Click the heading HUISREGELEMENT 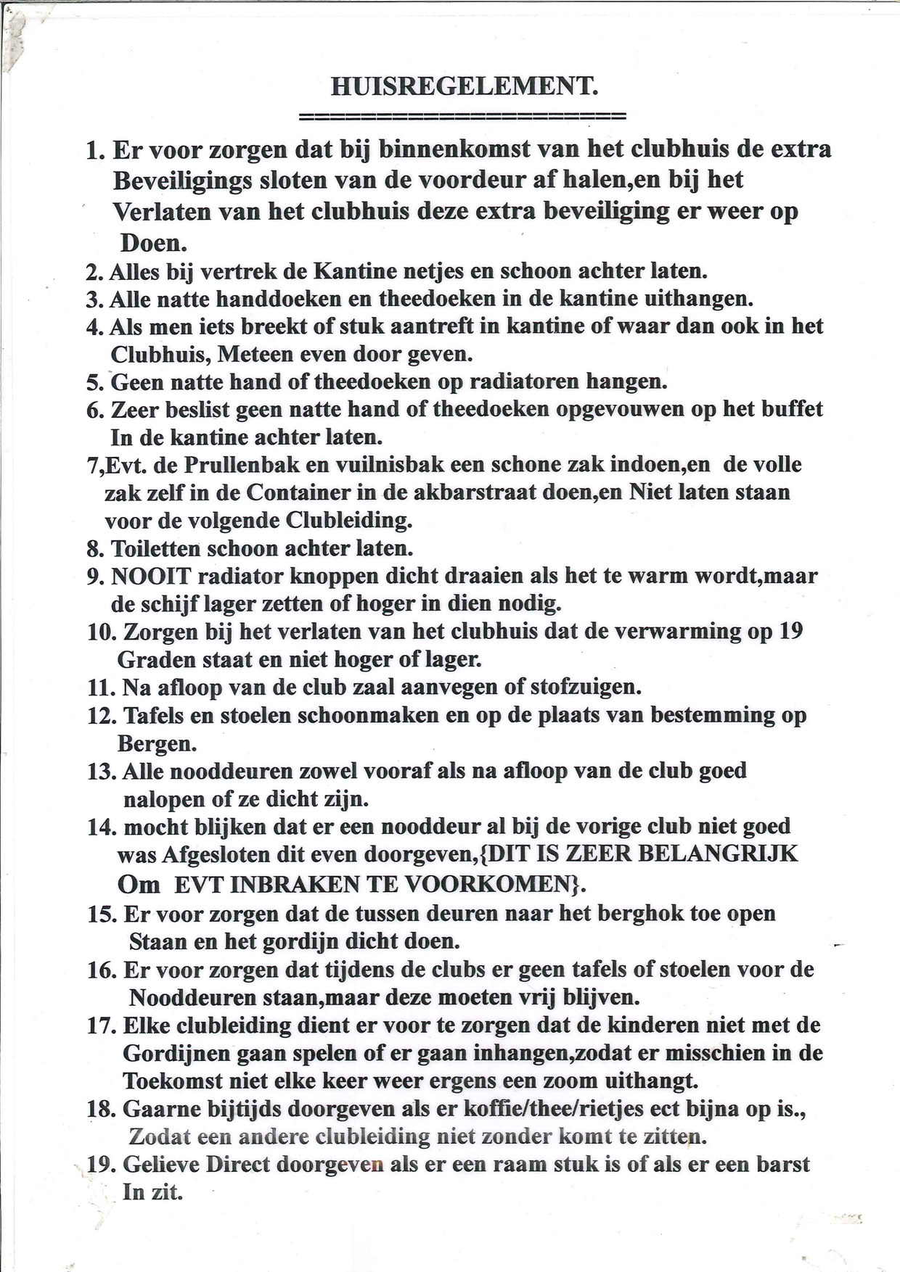(x=465, y=86)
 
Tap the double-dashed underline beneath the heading (x=462, y=116)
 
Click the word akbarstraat (x=497, y=492)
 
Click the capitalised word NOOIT (x=151, y=577)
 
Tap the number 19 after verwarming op (x=790, y=632)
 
